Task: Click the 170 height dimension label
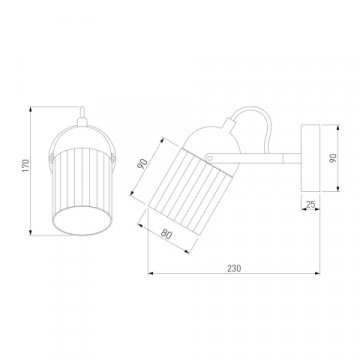(26, 166)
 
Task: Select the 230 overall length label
(234, 268)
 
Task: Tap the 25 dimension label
(310, 204)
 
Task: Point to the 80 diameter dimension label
(166, 234)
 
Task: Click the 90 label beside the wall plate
(333, 158)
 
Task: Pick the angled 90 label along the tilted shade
(143, 164)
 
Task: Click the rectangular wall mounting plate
(310, 158)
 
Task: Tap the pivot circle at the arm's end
(210, 158)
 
